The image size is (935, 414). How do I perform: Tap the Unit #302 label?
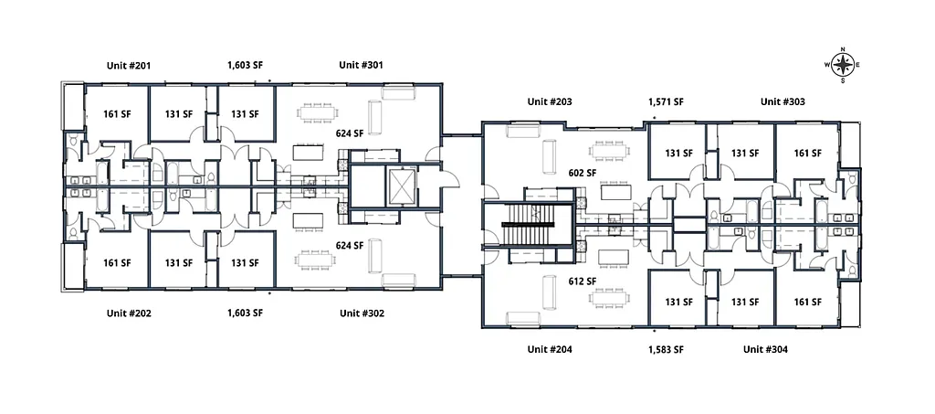pyautogui.click(x=362, y=313)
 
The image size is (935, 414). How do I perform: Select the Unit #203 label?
pyautogui.click(x=550, y=101)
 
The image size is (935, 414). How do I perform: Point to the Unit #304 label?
pyautogui.click(x=765, y=349)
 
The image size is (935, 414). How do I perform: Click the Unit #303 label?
pyautogui.click(x=783, y=101)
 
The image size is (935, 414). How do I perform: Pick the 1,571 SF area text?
pyautogui.click(x=666, y=101)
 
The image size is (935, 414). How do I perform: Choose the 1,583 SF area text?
pyautogui.click(x=666, y=349)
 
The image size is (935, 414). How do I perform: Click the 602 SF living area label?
pyautogui.click(x=583, y=172)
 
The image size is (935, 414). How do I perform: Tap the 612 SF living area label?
pyautogui.click(x=583, y=281)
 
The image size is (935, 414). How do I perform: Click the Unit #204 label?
pyautogui.click(x=550, y=349)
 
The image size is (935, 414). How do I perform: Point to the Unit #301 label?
pyautogui.click(x=362, y=65)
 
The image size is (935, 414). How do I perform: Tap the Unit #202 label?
pyautogui.click(x=128, y=313)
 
